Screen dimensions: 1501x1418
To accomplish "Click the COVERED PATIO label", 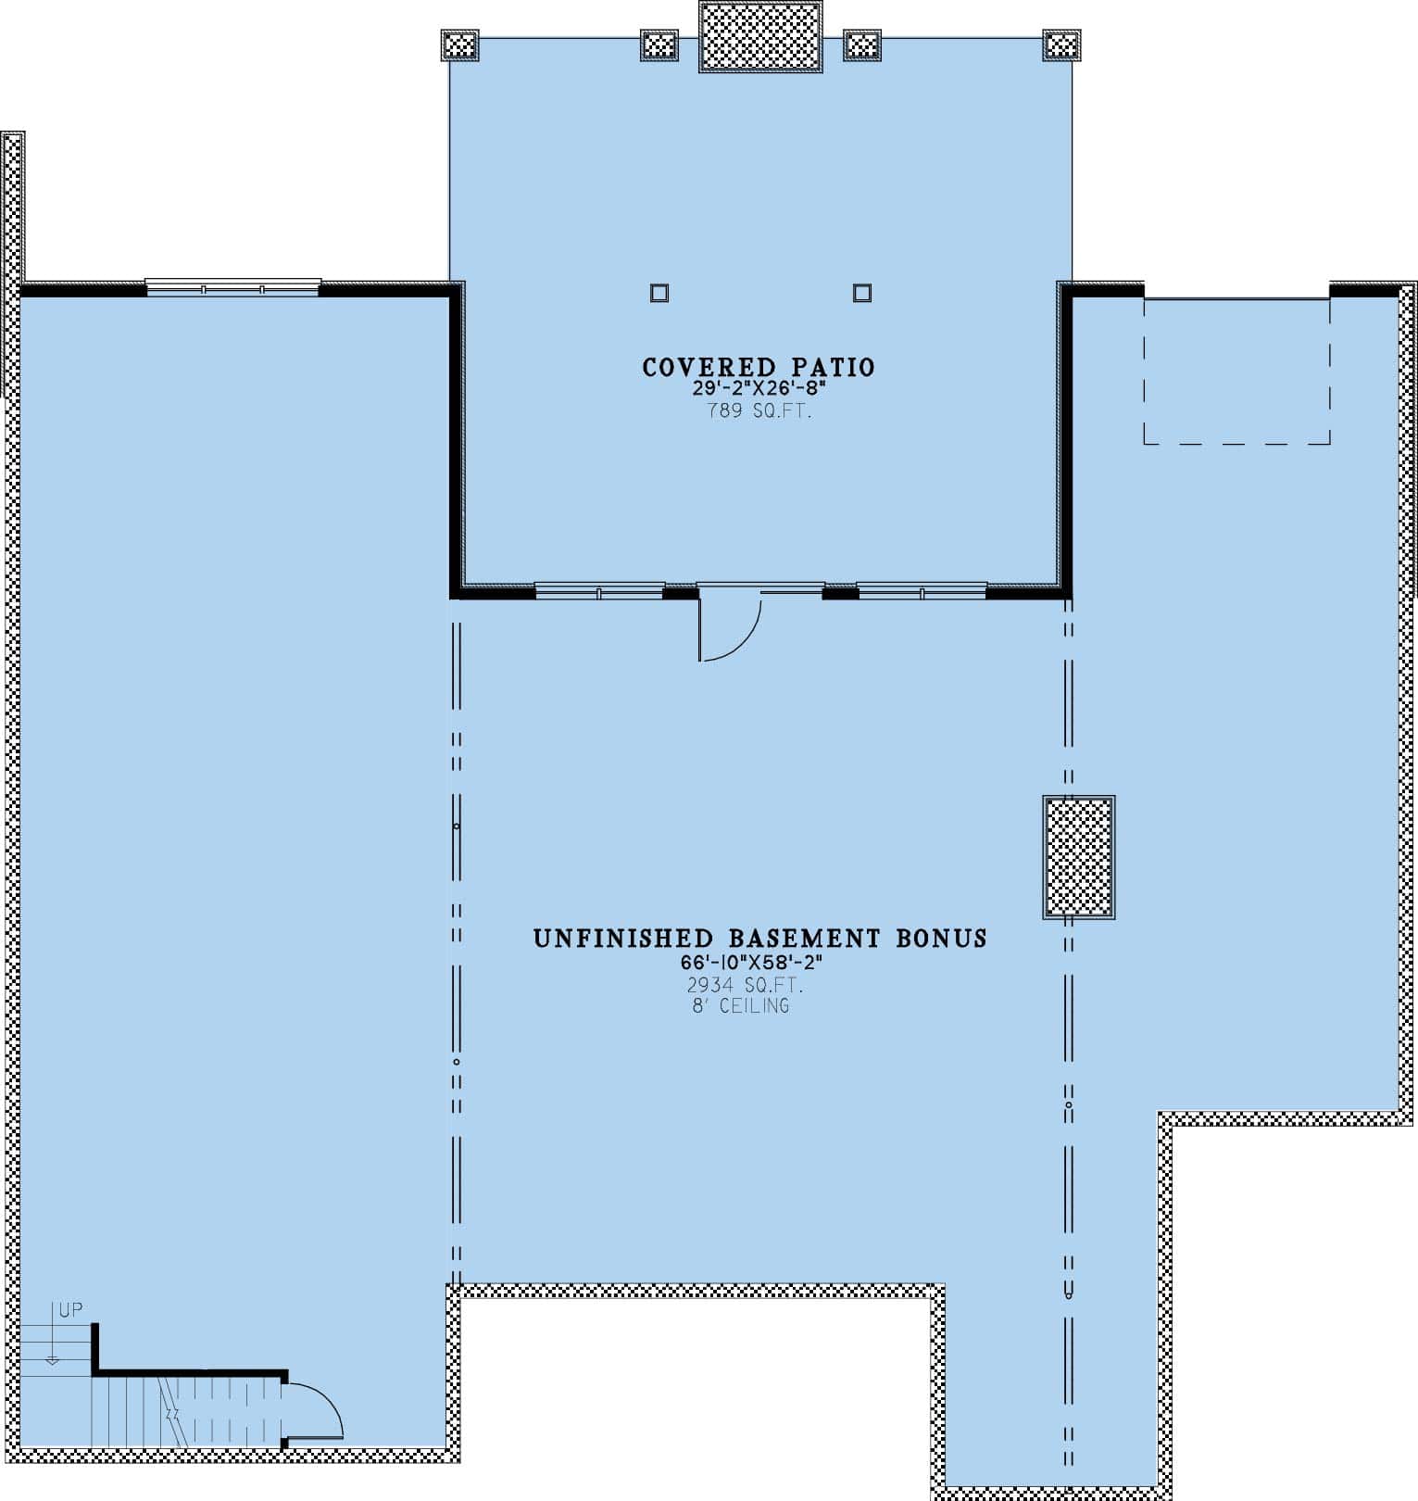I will pyautogui.click(x=759, y=368).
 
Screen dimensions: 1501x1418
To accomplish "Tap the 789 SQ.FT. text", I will pyautogui.click(x=759, y=411).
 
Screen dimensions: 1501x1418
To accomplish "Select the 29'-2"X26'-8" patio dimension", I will pyautogui.click(x=759, y=389).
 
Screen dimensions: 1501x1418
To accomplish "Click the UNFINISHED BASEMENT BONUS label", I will pyautogui.click(x=759, y=939).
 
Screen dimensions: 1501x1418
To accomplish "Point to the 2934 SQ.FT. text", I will pyautogui.click(x=745, y=985).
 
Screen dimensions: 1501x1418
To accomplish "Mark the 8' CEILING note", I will pyautogui.click(x=741, y=1006).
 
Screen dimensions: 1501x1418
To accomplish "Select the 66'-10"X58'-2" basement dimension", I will pyautogui.click(x=751, y=963).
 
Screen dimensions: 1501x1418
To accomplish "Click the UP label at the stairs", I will pyautogui.click(x=70, y=1310).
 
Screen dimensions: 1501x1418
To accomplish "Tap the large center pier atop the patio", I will pyautogui.click(x=760, y=36).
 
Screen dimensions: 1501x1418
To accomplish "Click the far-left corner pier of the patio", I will pyautogui.click(x=459, y=44).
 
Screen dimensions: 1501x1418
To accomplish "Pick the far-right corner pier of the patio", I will pyautogui.click(x=1061, y=44).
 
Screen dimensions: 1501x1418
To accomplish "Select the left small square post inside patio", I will pyautogui.click(x=659, y=293).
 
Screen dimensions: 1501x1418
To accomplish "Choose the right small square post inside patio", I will pyautogui.click(x=862, y=293).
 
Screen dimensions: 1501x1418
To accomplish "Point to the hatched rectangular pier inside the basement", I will pyautogui.click(x=1079, y=857).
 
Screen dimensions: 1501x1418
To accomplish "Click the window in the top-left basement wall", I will pyautogui.click(x=233, y=287).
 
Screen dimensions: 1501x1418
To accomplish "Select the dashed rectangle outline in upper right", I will pyautogui.click(x=1237, y=371).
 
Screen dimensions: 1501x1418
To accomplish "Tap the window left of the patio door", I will pyautogui.click(x=599, y=590).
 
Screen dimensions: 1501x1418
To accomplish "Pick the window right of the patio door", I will pyautogui.click(x=922, y=590).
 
